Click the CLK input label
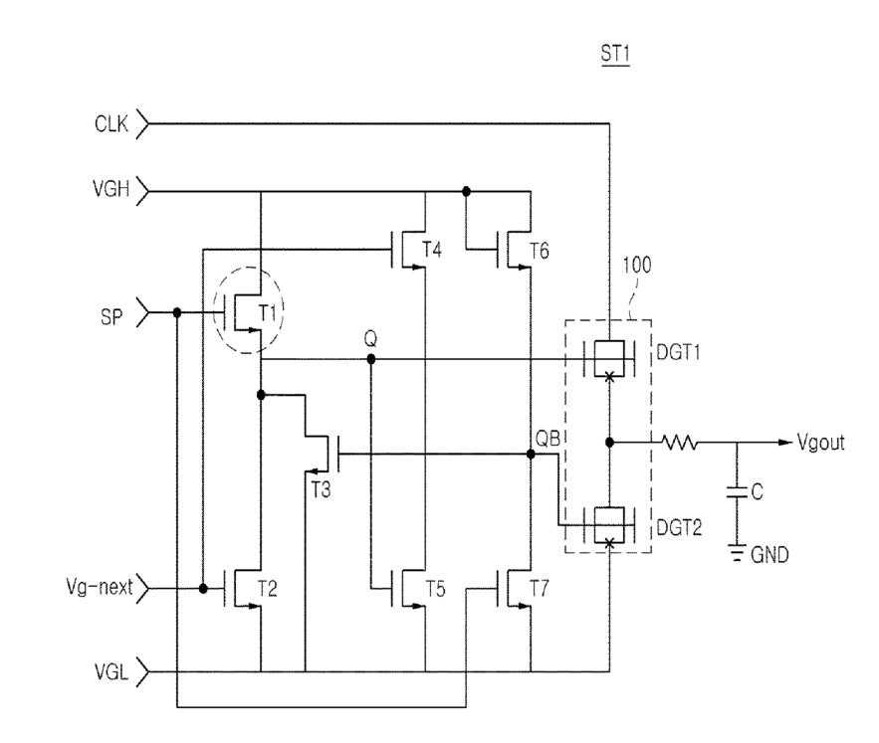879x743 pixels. pyautogui.click(x=111, y=123)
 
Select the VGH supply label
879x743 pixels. pyautogui.click(x=111, y=189)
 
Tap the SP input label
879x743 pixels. pyautogui.click(x=111, y=317)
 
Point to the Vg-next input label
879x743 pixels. pyautogui.click(x=100, y=587)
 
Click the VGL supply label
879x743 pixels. pyautogui.click(x=111, y=671)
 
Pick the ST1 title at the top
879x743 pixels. pyautogui.click(x=615, y=54)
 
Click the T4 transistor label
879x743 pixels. pyautogui.click(x=432, y=250)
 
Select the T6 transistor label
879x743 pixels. pyautogui.click(x=540, y=251)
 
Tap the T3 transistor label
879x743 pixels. pyautogui.click(x=322, y=490)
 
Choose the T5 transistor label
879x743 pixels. pyautogui.click(x=435, y=589)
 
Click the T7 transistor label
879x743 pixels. pyautogui.click(x=540, y=589)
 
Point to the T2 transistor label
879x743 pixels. pyautogui.click(x=268, y=589)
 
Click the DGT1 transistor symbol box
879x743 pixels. pyautogui.click(x=609, y=359)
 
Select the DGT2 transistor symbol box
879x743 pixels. pyautogui.click(x=609, y=525)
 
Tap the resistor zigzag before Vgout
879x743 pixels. pyautogui.click(x=680, y=443)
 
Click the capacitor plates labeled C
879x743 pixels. pyautogui.click(x=738, y=492)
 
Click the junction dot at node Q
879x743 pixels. pyautogui.click(x=370, y=359)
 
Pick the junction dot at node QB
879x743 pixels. pyautogui.click(x=531, y=455)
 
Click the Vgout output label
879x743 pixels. pyautogui.click(x=820, y=443)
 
